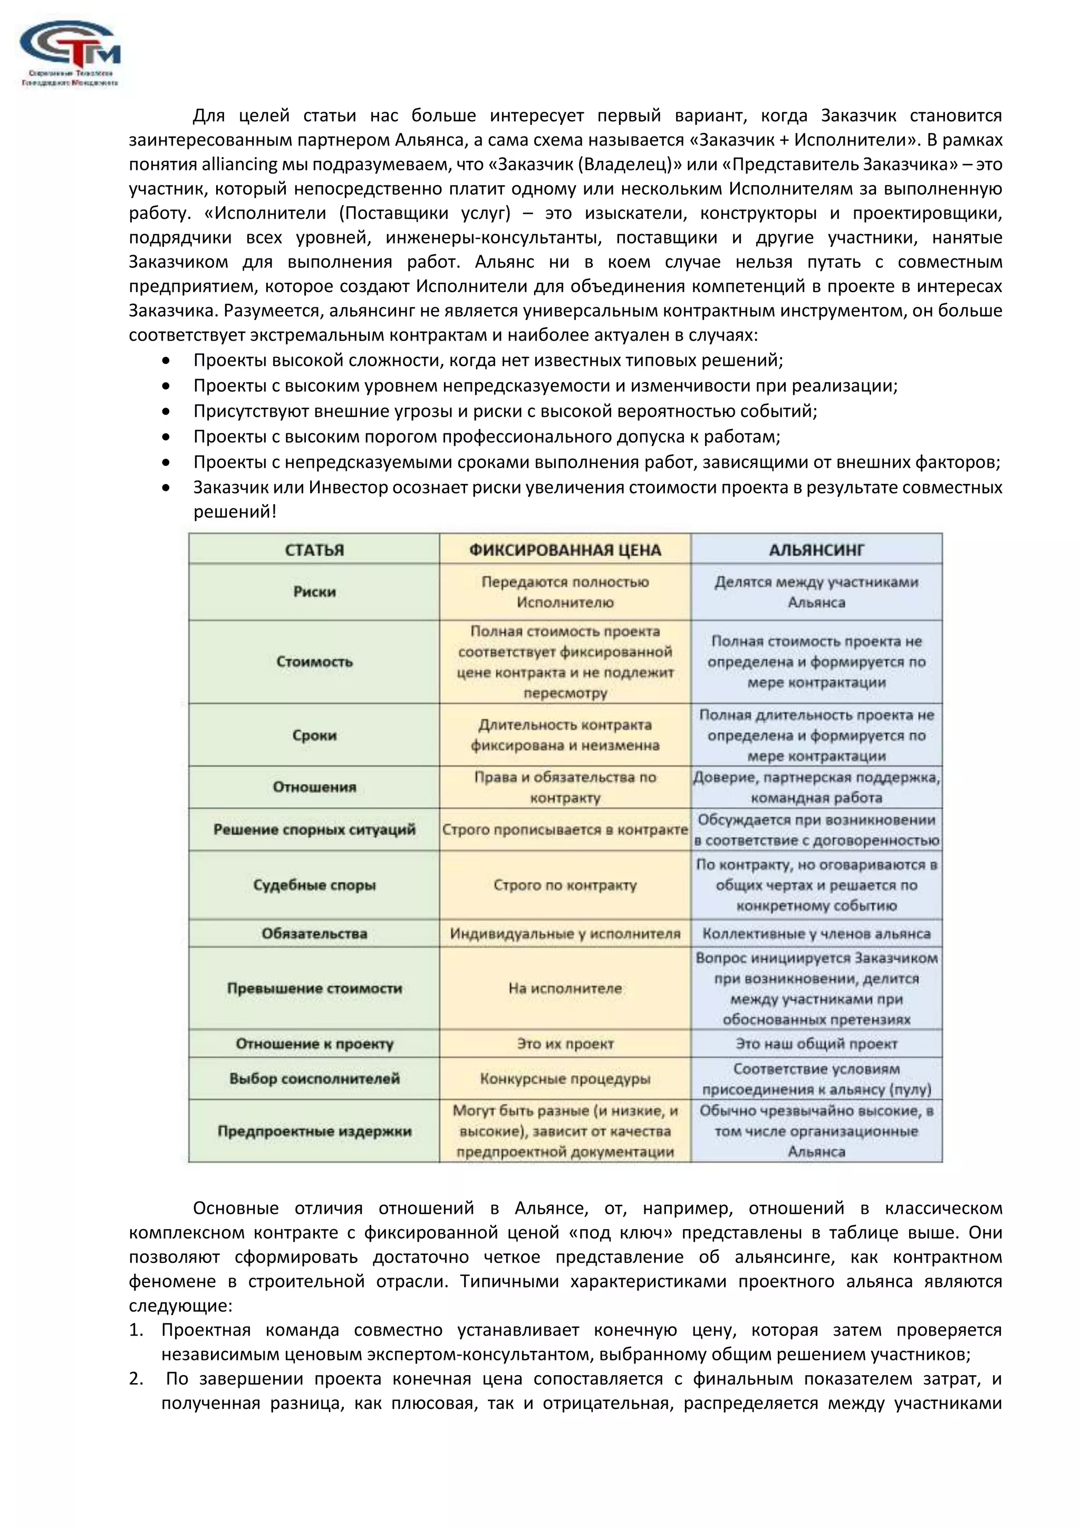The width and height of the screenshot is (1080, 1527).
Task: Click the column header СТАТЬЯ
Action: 314,550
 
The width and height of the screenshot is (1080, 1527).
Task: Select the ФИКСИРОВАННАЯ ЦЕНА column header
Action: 565,550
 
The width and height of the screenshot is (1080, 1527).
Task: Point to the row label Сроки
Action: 314,736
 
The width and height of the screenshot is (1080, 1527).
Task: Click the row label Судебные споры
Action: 314,885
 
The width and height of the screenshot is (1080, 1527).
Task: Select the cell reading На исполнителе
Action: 565,988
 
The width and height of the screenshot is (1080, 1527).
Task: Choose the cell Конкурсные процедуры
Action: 565,1079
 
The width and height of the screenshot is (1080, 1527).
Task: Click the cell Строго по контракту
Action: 565,885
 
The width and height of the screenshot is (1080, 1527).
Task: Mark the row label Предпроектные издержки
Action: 314,1132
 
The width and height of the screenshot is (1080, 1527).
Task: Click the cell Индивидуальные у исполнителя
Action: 565,934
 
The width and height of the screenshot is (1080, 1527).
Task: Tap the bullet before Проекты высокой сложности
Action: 166,361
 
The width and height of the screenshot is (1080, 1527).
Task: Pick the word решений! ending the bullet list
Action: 234,512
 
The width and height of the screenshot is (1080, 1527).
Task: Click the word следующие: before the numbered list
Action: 180,1306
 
